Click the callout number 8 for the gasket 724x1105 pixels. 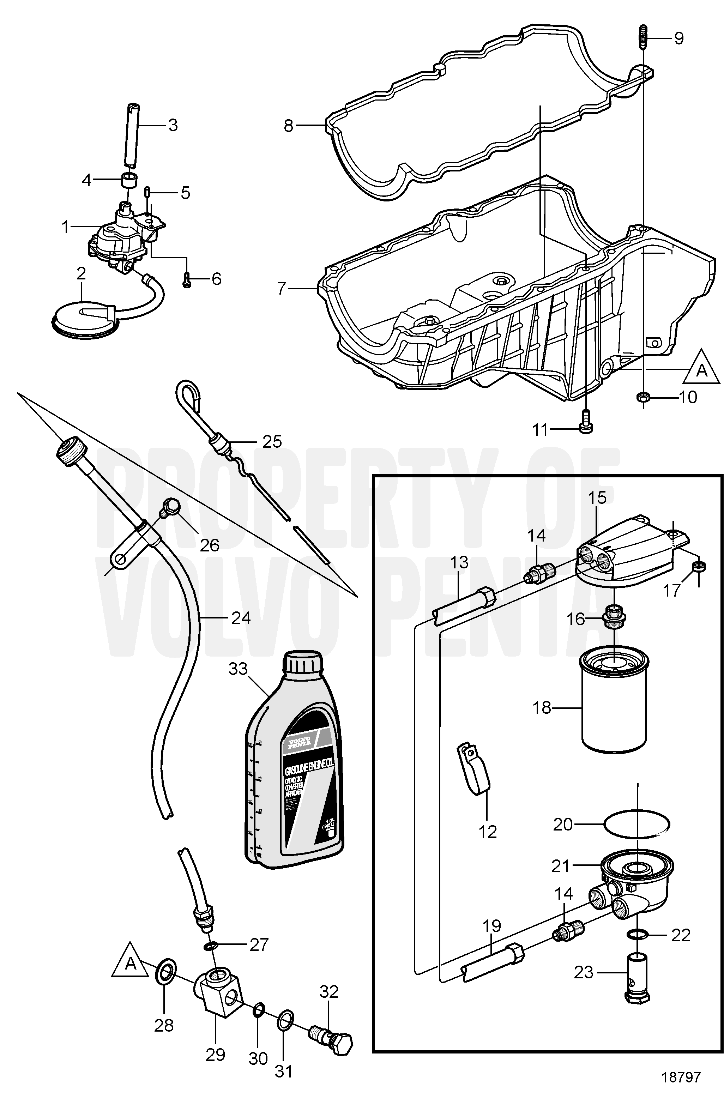[288, 125]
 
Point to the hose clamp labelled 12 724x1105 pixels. [474, 771]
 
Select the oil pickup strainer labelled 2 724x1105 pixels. [84, 318]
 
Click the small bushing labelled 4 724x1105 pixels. [129, 179]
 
